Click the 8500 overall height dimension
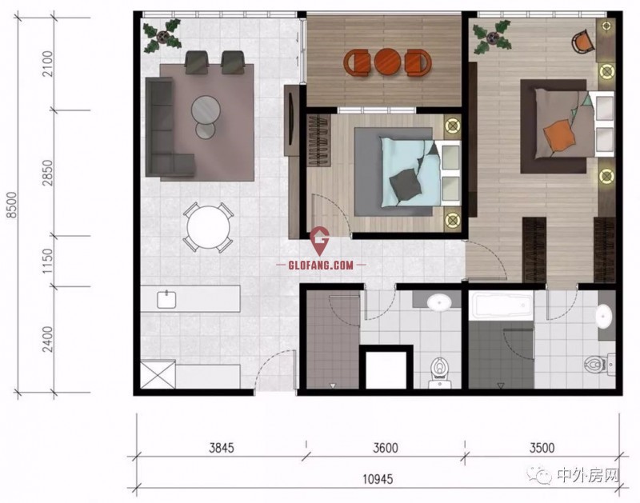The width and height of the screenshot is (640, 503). (13, 205)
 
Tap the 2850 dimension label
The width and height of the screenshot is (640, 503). (47, 173)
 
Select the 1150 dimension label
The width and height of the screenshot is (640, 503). (47, 261)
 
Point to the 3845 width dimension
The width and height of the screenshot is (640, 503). (222, 448)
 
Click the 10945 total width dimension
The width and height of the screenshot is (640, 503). (378, 478)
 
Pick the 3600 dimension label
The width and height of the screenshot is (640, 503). (386, 448)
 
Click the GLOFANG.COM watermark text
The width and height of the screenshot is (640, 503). (321, 265)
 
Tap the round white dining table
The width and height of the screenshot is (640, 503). (208, 227)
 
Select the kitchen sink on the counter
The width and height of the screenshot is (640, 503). (166, 299)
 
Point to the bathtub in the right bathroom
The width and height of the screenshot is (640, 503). (502, 305)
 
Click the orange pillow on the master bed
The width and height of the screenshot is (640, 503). (558, 135)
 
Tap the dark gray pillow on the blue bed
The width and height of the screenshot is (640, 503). (406, 185)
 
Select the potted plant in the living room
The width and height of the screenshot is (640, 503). (162, 36)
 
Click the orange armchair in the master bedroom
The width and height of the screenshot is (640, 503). (583, 41)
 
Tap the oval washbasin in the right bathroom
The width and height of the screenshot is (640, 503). (604, 315)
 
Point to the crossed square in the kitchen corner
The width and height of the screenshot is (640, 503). (158, 374)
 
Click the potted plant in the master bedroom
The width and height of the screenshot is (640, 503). (492, 38)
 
